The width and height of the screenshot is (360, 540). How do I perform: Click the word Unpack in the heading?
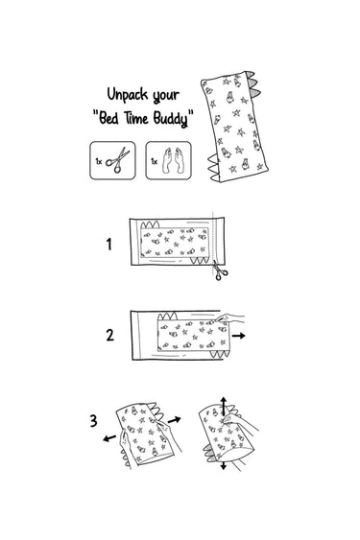click(128, 94)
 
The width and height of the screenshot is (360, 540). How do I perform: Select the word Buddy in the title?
click(171, 119)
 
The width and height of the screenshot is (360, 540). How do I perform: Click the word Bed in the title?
click(108, 118)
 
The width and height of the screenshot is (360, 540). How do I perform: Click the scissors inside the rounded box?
click(117, 160)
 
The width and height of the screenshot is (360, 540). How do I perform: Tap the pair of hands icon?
click(173, 160)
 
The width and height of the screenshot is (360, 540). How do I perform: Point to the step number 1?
click(109, 245)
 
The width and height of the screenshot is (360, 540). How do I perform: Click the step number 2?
click(109, 335)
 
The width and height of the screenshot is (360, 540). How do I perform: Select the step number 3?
click(93, 420)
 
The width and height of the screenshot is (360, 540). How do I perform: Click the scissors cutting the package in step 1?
click(219, 270)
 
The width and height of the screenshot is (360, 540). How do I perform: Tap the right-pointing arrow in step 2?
click(238, 336)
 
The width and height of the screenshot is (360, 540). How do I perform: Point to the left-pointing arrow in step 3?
click(109, 438)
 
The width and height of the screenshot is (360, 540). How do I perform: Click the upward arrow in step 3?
click(224, 406)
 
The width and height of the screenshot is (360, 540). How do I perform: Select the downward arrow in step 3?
click(224, 465)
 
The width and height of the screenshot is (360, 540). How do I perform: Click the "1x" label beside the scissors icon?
click(99, 161)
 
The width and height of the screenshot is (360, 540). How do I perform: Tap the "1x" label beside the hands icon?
click(155, 161)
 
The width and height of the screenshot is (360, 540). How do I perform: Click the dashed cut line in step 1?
click(213, 241)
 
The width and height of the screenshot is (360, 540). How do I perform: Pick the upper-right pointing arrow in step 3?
click(174, 420)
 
